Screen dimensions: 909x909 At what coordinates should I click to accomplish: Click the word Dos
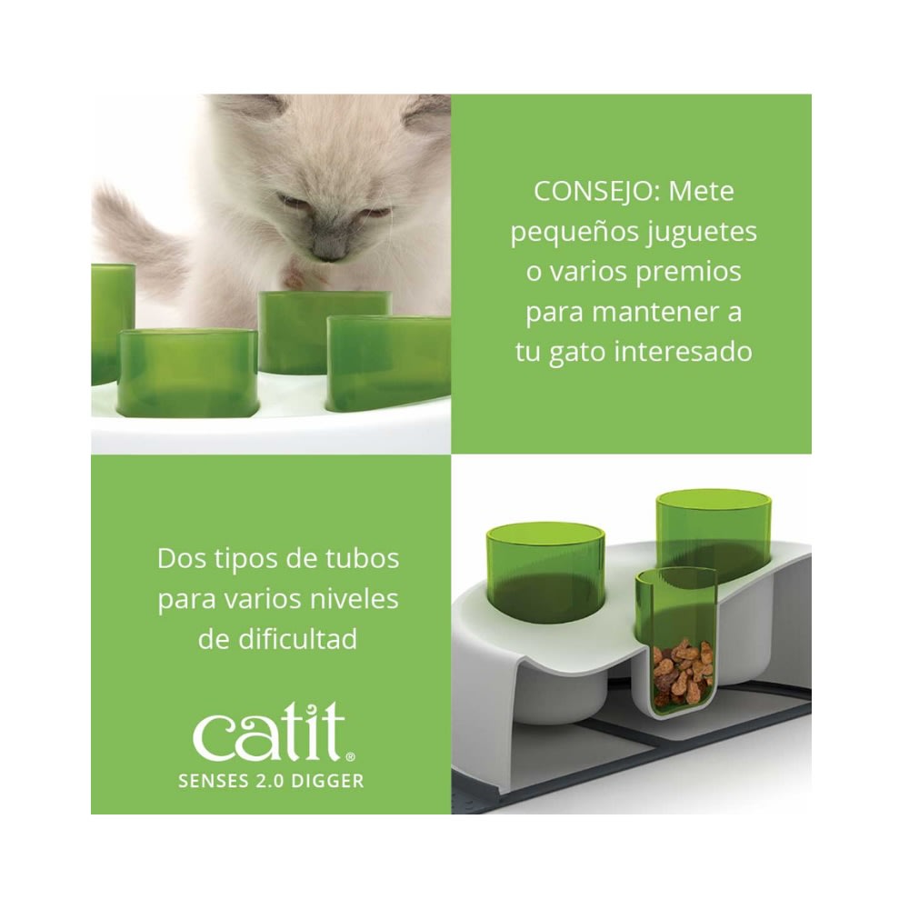(x=178, y=557)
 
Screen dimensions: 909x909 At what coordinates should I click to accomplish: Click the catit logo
(x=270, y=735)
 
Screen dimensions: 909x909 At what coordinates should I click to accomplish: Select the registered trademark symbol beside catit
(x=350, y=756)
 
